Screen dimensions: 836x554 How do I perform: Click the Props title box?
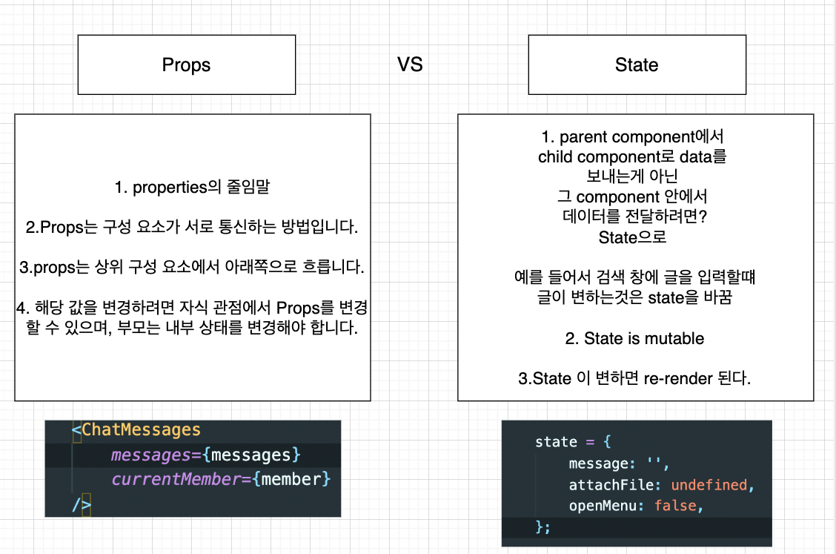(186, 65)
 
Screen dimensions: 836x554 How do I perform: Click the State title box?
(636, 65)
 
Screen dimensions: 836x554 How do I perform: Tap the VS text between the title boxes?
(410, 65)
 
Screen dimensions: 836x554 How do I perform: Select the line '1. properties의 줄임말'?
(192, 188)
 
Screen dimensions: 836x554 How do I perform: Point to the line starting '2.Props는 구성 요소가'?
(192, 228)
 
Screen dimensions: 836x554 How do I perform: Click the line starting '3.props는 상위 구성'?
(192, 268)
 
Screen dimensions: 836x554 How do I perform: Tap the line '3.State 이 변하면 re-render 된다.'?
(634, 379)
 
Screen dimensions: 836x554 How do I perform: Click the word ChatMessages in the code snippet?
(141, 430)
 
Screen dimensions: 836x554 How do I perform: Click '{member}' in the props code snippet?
(291, 479)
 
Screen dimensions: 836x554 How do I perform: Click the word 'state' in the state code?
(556, 442)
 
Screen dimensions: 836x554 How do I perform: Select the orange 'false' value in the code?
(675, 506)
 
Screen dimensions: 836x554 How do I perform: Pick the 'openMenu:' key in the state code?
(600, 506)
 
